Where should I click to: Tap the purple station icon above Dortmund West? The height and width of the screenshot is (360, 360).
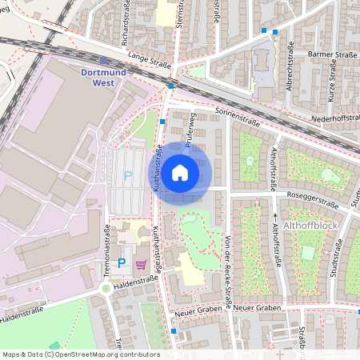point(105,60)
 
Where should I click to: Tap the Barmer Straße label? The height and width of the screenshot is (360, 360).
point(334,55)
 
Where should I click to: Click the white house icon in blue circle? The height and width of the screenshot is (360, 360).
point(180,172)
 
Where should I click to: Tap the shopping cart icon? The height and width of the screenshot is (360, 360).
point(142,264)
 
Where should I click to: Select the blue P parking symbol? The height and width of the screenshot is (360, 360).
point(122,262)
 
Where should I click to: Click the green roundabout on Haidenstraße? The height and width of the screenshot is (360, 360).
point(105,289)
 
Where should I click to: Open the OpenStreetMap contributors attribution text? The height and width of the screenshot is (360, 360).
point(80,354)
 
